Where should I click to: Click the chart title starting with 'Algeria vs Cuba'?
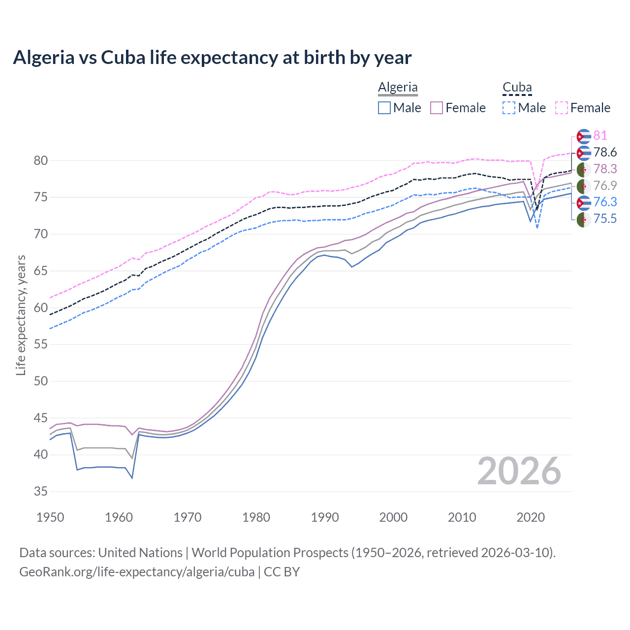[212, 58]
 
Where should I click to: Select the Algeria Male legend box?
[384, 108]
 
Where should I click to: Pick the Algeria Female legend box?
[437, 108]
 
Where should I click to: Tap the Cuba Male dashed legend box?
[509, 108]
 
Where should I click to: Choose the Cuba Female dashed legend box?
[562, 108]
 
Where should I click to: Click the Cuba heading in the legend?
[517, 88]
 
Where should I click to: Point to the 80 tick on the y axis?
[41, 160]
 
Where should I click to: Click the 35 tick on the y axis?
[41, 491]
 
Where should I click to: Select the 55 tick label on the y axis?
[41, 344]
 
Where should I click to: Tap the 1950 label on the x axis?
[50, 517]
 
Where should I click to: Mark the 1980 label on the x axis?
[256, 517]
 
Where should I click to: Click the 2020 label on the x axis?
[531, 517]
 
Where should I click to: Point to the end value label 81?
[600, 136]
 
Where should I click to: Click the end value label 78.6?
[605, 153]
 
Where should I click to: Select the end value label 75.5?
[605, 219]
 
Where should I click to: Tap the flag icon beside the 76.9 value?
[584, 186]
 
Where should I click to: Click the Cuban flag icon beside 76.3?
[584, 202]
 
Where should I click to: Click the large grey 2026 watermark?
[519, 471]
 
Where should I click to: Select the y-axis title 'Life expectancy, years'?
[21, 315]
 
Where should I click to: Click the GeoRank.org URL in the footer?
[137, 571]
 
